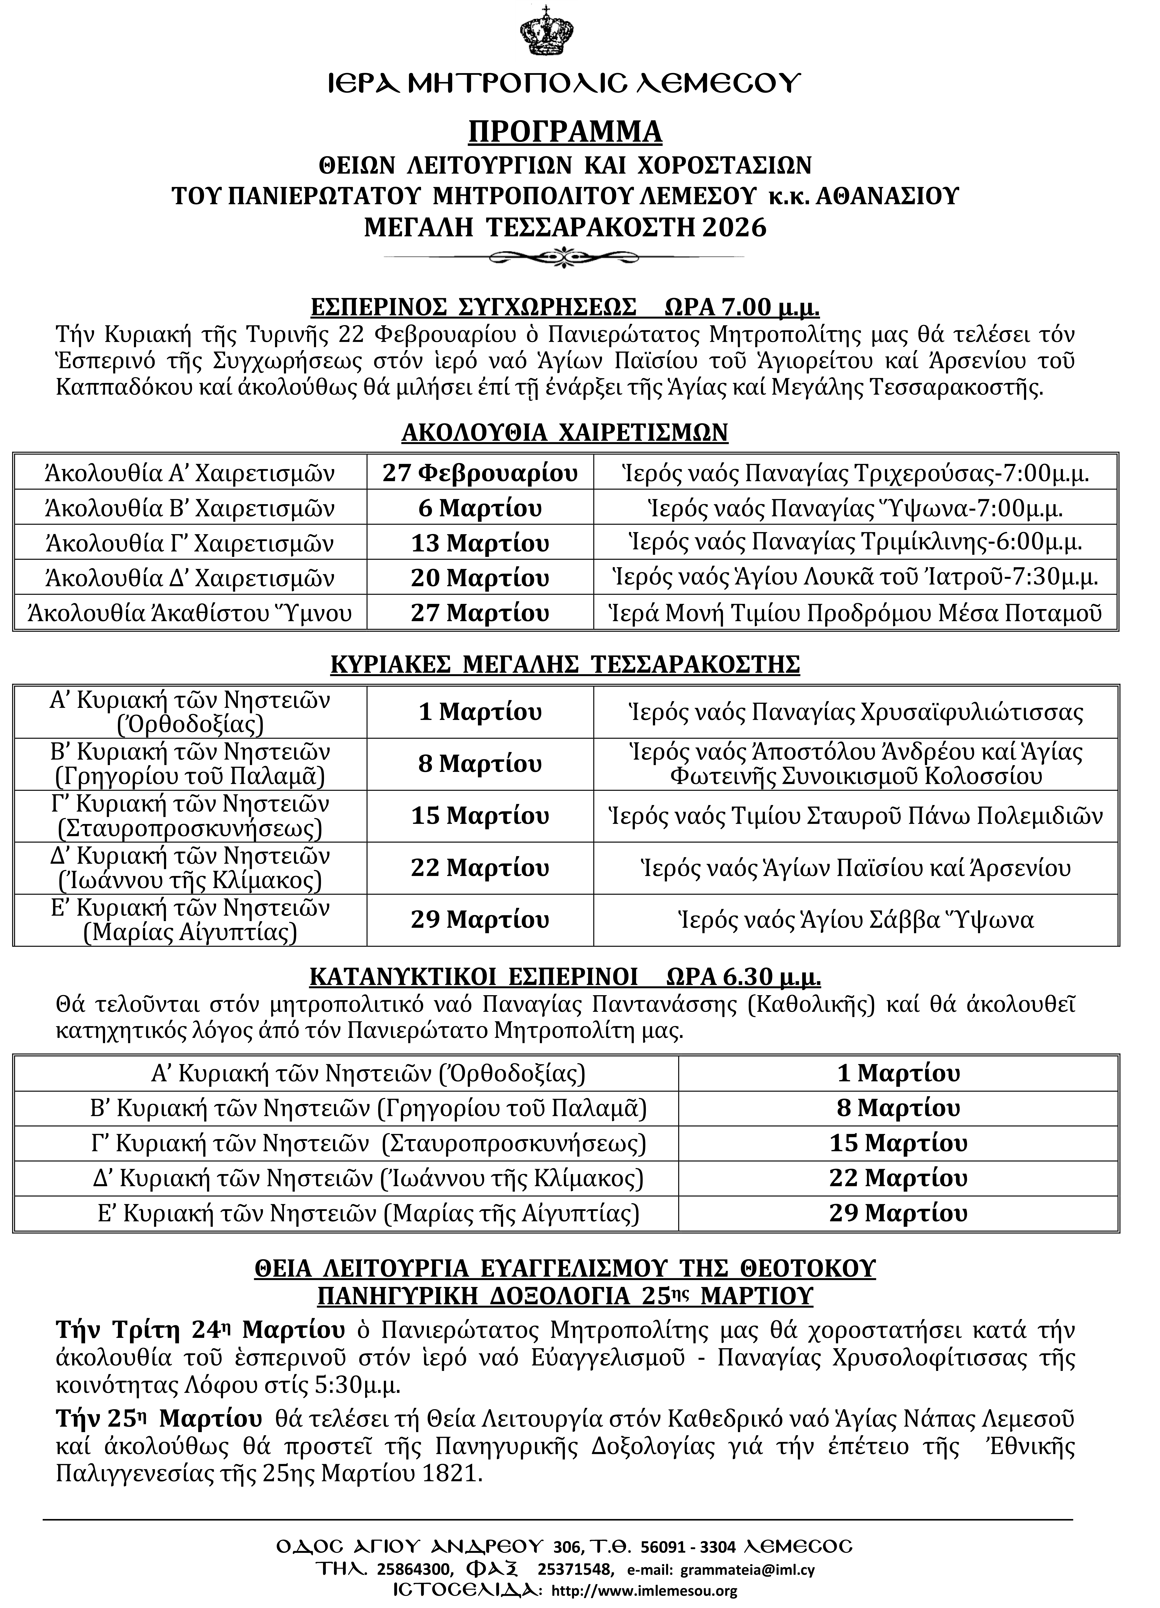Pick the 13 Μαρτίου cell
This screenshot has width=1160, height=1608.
pyautogui.click(x=480, y=543)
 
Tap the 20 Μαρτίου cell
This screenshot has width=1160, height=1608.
pyautogui.click(x=480, y=578)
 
